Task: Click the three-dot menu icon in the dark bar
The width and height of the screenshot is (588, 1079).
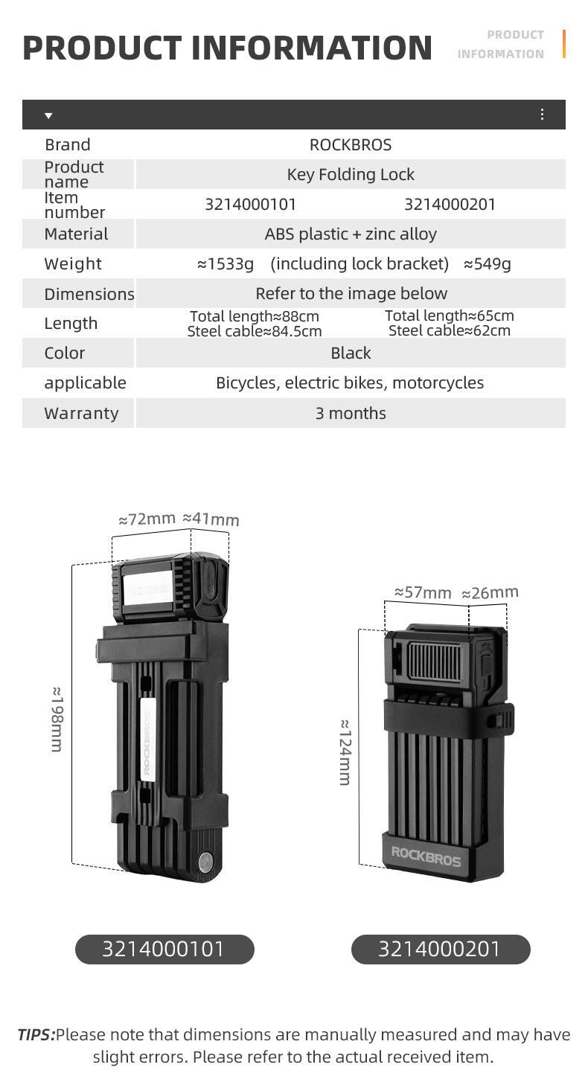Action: pyautogui.click(x=542, y=114)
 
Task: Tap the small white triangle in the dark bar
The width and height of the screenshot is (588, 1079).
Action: pyautogui.click(x=48, y=115)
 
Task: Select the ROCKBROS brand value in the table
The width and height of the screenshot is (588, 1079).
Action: pyautogui.click(x=350, y=144)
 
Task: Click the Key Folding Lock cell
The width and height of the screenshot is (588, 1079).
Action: pyautogui.click(x=350, y=174)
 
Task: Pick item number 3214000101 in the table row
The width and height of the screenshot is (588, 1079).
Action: pyautogui.click(x=250, y=204)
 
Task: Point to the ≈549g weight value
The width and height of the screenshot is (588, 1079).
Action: pyautogui.click(x=487, y=263)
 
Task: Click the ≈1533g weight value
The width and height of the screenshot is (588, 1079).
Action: pyautogui.click(x=226, y=263)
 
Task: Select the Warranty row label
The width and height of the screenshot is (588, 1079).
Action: pyautogui.click(x=81, y=413)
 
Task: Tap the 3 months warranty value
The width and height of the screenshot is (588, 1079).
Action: pyautogui.click(x=350, y=413)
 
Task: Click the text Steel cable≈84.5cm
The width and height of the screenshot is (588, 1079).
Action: pyautogui.click(x=255, y=331)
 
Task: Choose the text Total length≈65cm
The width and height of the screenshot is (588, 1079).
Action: pyautogui.click(x=449, y=316)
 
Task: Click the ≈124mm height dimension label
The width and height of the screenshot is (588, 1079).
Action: pyautogui.click(x=345, y=752)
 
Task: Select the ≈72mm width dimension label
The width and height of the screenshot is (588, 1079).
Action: pyautogui.click(x=147, y=519)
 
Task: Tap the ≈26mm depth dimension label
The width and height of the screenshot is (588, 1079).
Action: pyautogui.click(x=490, y=592)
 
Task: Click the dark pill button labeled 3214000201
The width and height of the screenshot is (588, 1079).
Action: pyautogui.click(x=441, y=949)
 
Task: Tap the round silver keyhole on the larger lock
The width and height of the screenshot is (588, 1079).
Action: pyautogui.click(x=205, y=862)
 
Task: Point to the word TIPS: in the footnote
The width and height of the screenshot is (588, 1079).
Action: pyautogui.click(x=36, y=1034)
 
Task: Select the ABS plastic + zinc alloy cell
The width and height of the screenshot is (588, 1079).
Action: pyautogui.click(x=350, y=234)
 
